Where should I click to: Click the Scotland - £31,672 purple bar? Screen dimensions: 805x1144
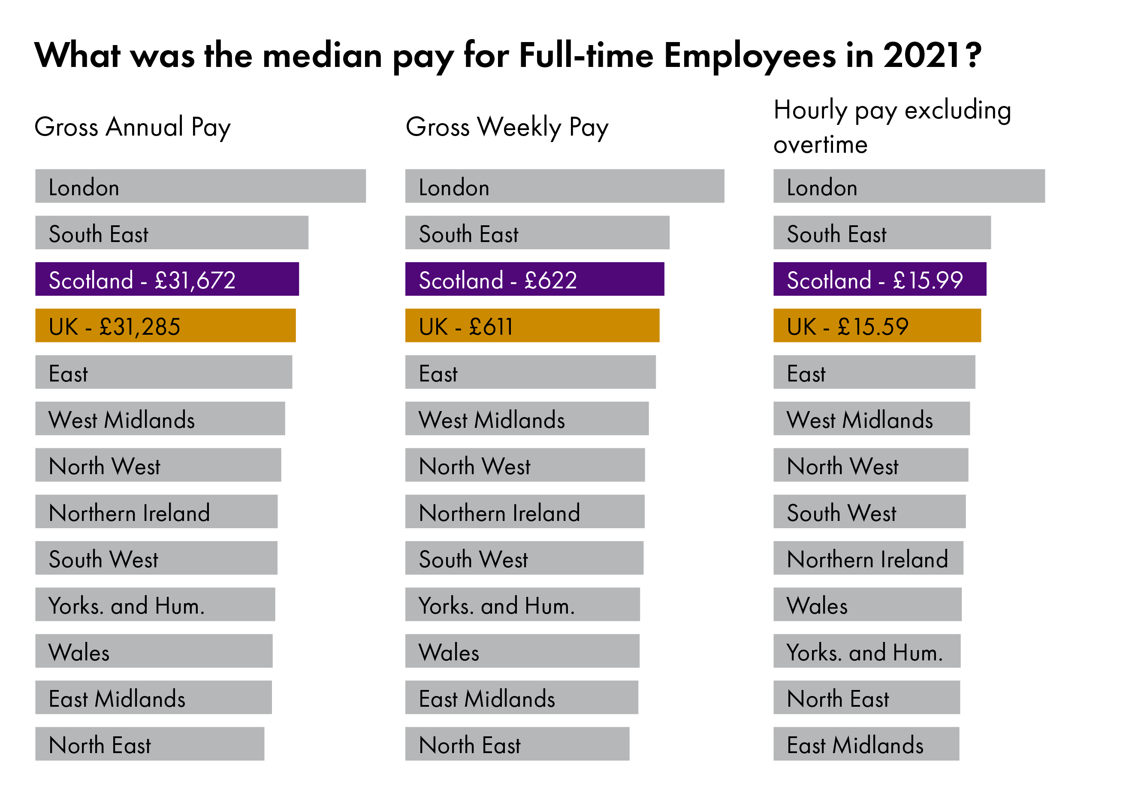click(x=167, y=279)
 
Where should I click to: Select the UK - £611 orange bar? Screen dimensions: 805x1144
click(x=532, y=326)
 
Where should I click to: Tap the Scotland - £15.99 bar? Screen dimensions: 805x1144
click(x=879, y=279)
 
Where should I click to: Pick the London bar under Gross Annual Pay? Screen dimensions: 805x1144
click(x=200, y=186)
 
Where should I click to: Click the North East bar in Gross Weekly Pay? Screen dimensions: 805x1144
click(x=517, y=744)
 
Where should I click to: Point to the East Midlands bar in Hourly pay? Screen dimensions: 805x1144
click(x=866, y=744)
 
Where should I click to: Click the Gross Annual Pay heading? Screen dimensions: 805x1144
click(x=133, y=127)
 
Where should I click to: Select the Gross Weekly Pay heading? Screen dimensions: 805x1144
click(x=507, y=127)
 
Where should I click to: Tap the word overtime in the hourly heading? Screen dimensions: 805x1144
click(x=820, y=145)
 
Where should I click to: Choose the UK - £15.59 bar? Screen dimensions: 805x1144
click(x=877, y=326)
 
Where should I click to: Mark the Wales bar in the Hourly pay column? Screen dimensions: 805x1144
click(x=867, y=604)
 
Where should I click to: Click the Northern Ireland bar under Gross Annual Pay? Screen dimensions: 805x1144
click(x=156, y=511)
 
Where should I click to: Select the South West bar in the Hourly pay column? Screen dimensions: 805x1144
click(x=869, y=511)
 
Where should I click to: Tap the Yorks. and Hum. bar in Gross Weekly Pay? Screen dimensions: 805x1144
click(x=522, y=604)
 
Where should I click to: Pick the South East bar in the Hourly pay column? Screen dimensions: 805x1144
click(x=882, y=232)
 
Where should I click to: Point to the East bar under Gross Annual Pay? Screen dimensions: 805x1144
click(x=163, y=372)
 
